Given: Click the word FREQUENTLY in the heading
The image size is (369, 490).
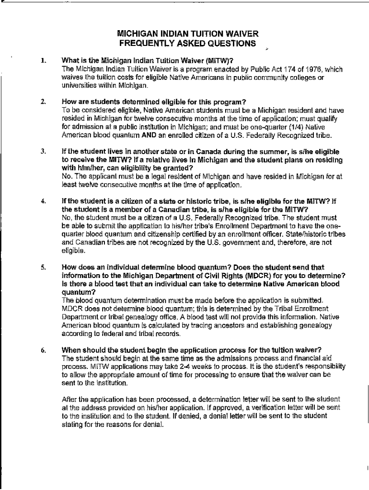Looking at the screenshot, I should click(147, 44).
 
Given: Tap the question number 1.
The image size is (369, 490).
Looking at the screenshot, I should click(43, 61).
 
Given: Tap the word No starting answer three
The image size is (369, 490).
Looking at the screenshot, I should click(66, 177).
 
